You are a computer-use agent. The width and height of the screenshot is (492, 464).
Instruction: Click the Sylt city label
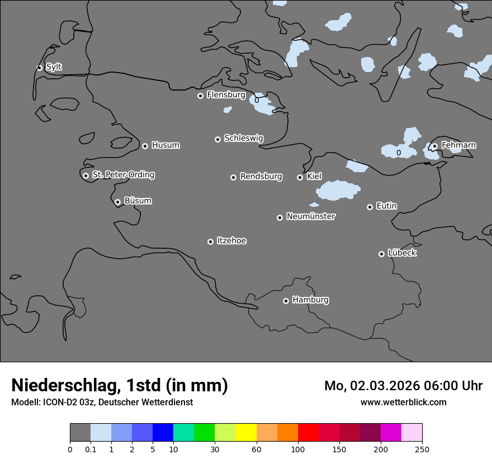54,67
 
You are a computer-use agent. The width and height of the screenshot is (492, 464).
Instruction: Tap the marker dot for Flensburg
200,96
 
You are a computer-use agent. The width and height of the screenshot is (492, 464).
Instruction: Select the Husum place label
165,145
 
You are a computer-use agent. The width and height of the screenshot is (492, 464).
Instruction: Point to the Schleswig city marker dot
217,139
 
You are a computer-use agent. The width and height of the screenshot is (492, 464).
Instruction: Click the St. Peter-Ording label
123,175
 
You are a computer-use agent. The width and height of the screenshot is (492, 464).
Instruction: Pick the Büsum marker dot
117,202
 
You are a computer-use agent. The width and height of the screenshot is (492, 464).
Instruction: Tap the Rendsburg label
261,177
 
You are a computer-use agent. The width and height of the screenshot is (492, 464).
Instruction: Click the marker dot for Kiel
300,177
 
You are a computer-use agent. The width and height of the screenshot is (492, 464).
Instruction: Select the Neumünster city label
311,216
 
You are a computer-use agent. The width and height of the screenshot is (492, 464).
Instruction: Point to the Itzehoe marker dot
210,242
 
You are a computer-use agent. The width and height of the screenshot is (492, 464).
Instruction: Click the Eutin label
386,206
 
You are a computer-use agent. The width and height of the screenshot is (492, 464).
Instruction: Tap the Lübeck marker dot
381,254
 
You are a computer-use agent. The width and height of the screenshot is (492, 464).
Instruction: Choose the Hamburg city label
310,300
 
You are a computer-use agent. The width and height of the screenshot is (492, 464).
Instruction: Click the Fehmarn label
458,145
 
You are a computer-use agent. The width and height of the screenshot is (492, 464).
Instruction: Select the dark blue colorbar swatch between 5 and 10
163,433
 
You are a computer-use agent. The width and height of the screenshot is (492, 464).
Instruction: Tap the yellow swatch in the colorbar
245,433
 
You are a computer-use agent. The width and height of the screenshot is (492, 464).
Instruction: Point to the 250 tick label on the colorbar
422,449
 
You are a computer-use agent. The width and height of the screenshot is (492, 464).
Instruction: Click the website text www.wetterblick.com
403,402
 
